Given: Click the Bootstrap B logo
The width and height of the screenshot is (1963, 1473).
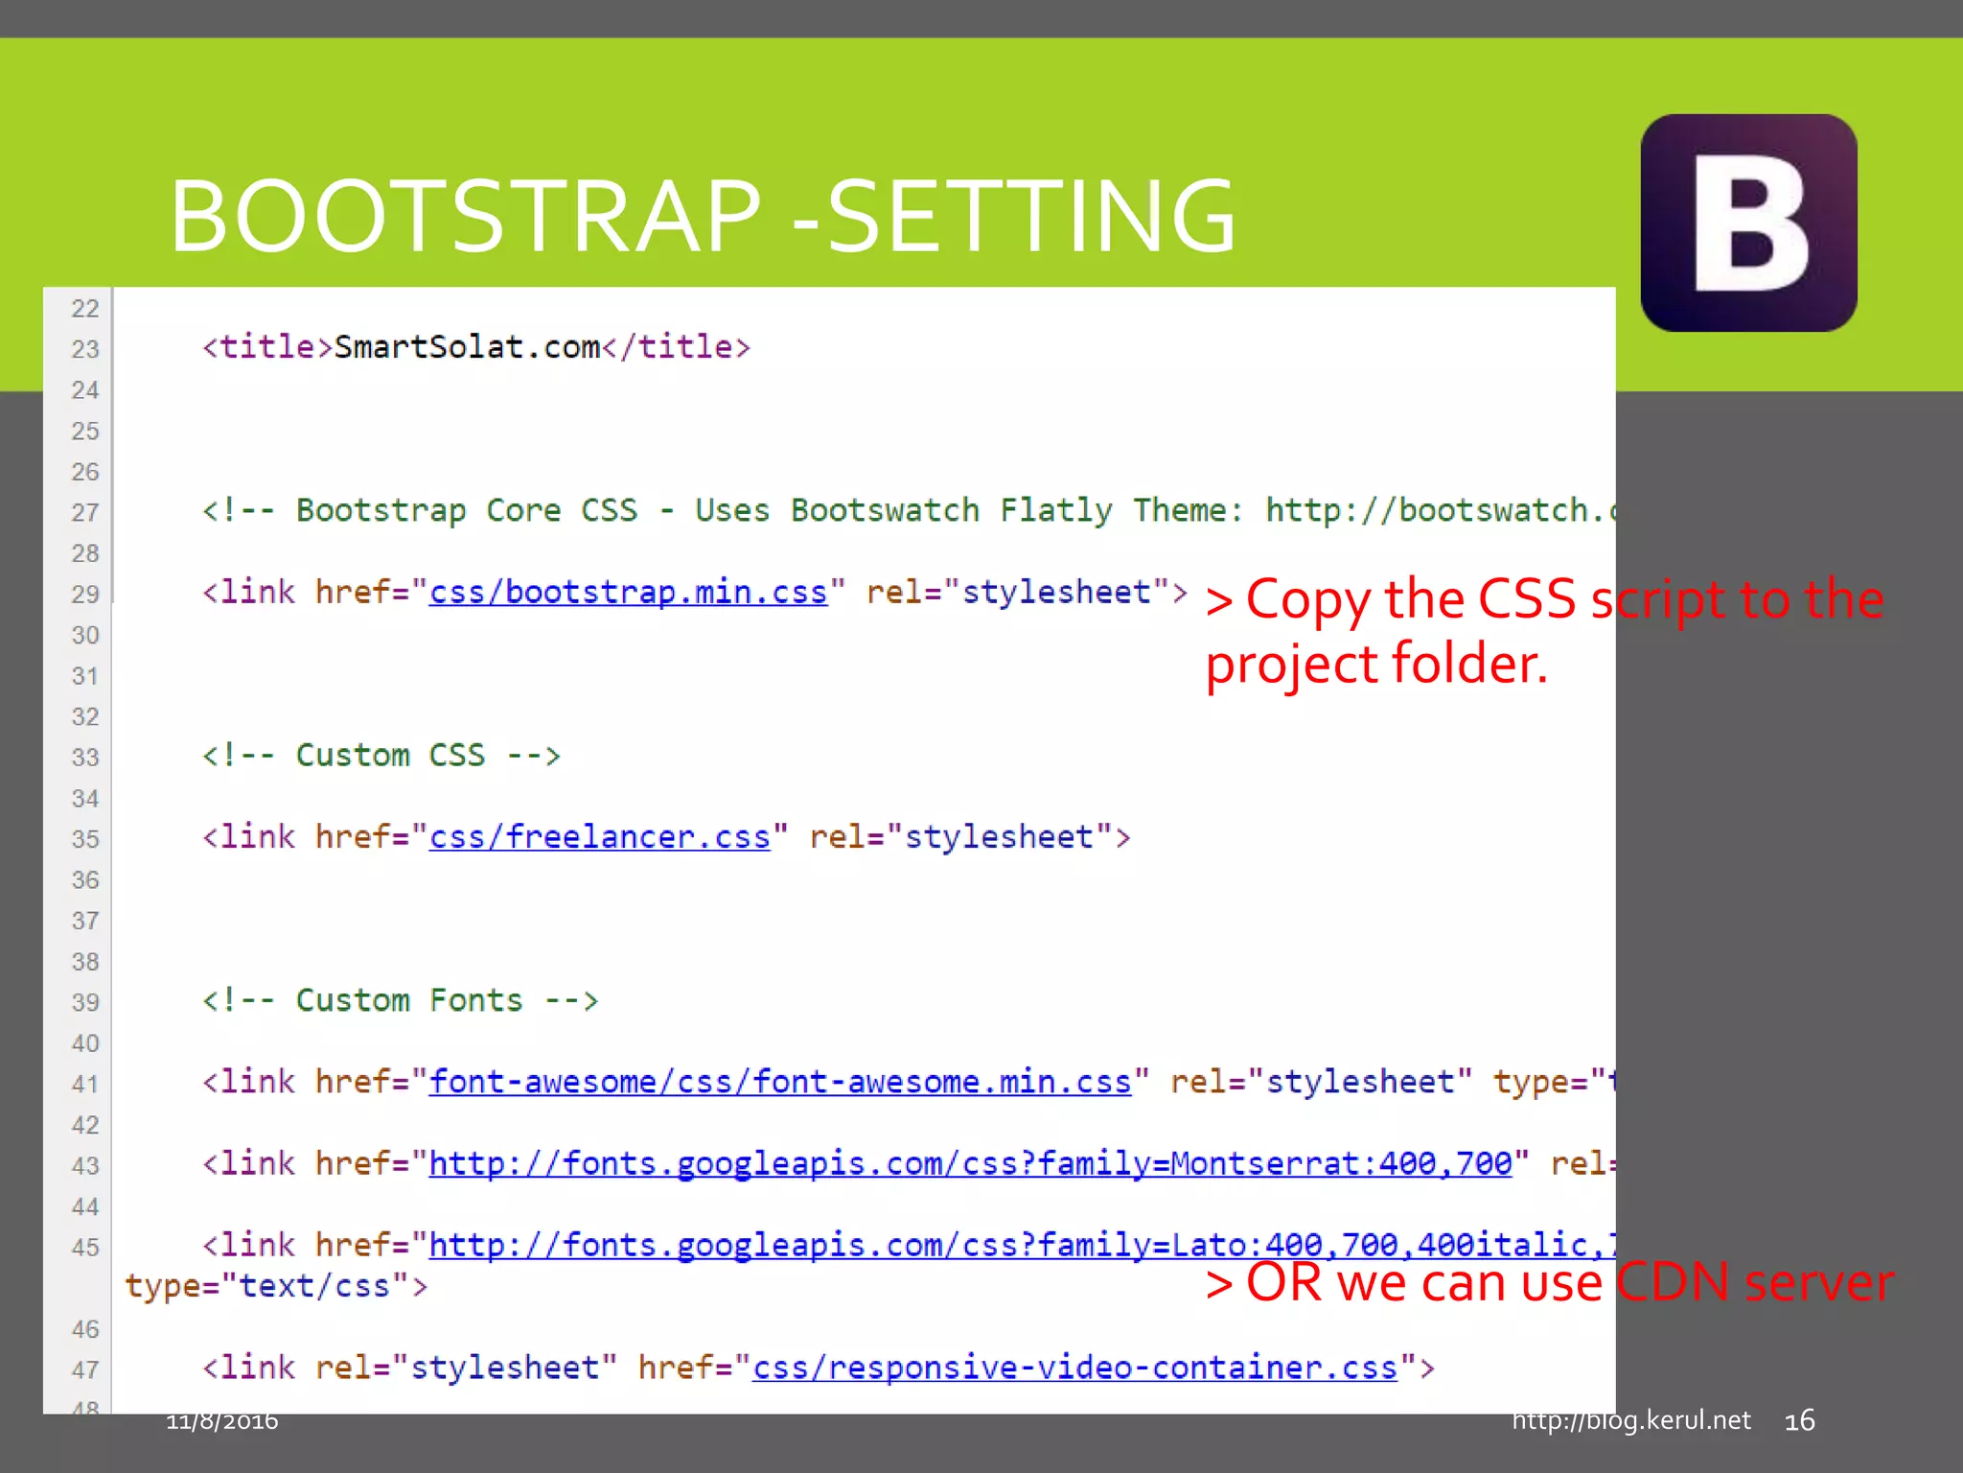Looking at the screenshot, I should (x=1748, y=222).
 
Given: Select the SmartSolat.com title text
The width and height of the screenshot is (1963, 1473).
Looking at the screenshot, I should (x=467, y=347).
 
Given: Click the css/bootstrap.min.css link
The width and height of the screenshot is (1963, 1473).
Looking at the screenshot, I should (x=628, y=593).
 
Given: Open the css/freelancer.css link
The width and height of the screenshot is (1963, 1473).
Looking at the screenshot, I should (x=599, y=837).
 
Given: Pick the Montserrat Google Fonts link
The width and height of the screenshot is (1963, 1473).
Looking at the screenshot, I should (x=970, y=1163).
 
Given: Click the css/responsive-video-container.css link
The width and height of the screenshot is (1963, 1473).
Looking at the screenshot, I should (x=1074, y=1368).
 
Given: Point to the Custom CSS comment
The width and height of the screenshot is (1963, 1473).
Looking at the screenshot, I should (x=381, y=756).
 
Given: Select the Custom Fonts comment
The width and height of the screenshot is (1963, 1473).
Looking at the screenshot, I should (x=400, y=1000).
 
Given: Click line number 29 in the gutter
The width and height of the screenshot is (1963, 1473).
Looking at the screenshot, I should (x=85, y=595).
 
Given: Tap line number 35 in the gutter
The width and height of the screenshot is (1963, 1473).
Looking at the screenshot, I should (x=85, y=839).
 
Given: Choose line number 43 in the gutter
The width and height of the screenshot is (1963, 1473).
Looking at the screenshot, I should (x=85, y=1166).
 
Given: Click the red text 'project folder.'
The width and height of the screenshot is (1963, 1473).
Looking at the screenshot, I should (x=1376, y=664).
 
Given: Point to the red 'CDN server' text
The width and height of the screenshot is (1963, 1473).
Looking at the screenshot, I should (x=1754, y=1282).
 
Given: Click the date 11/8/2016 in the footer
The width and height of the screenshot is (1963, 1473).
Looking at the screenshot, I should (x=222, y=1420).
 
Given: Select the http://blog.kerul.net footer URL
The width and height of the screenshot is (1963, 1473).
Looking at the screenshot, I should (x=1630, y=1420).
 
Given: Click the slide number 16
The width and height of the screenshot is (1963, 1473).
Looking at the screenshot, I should (x=1799, y=1420).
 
